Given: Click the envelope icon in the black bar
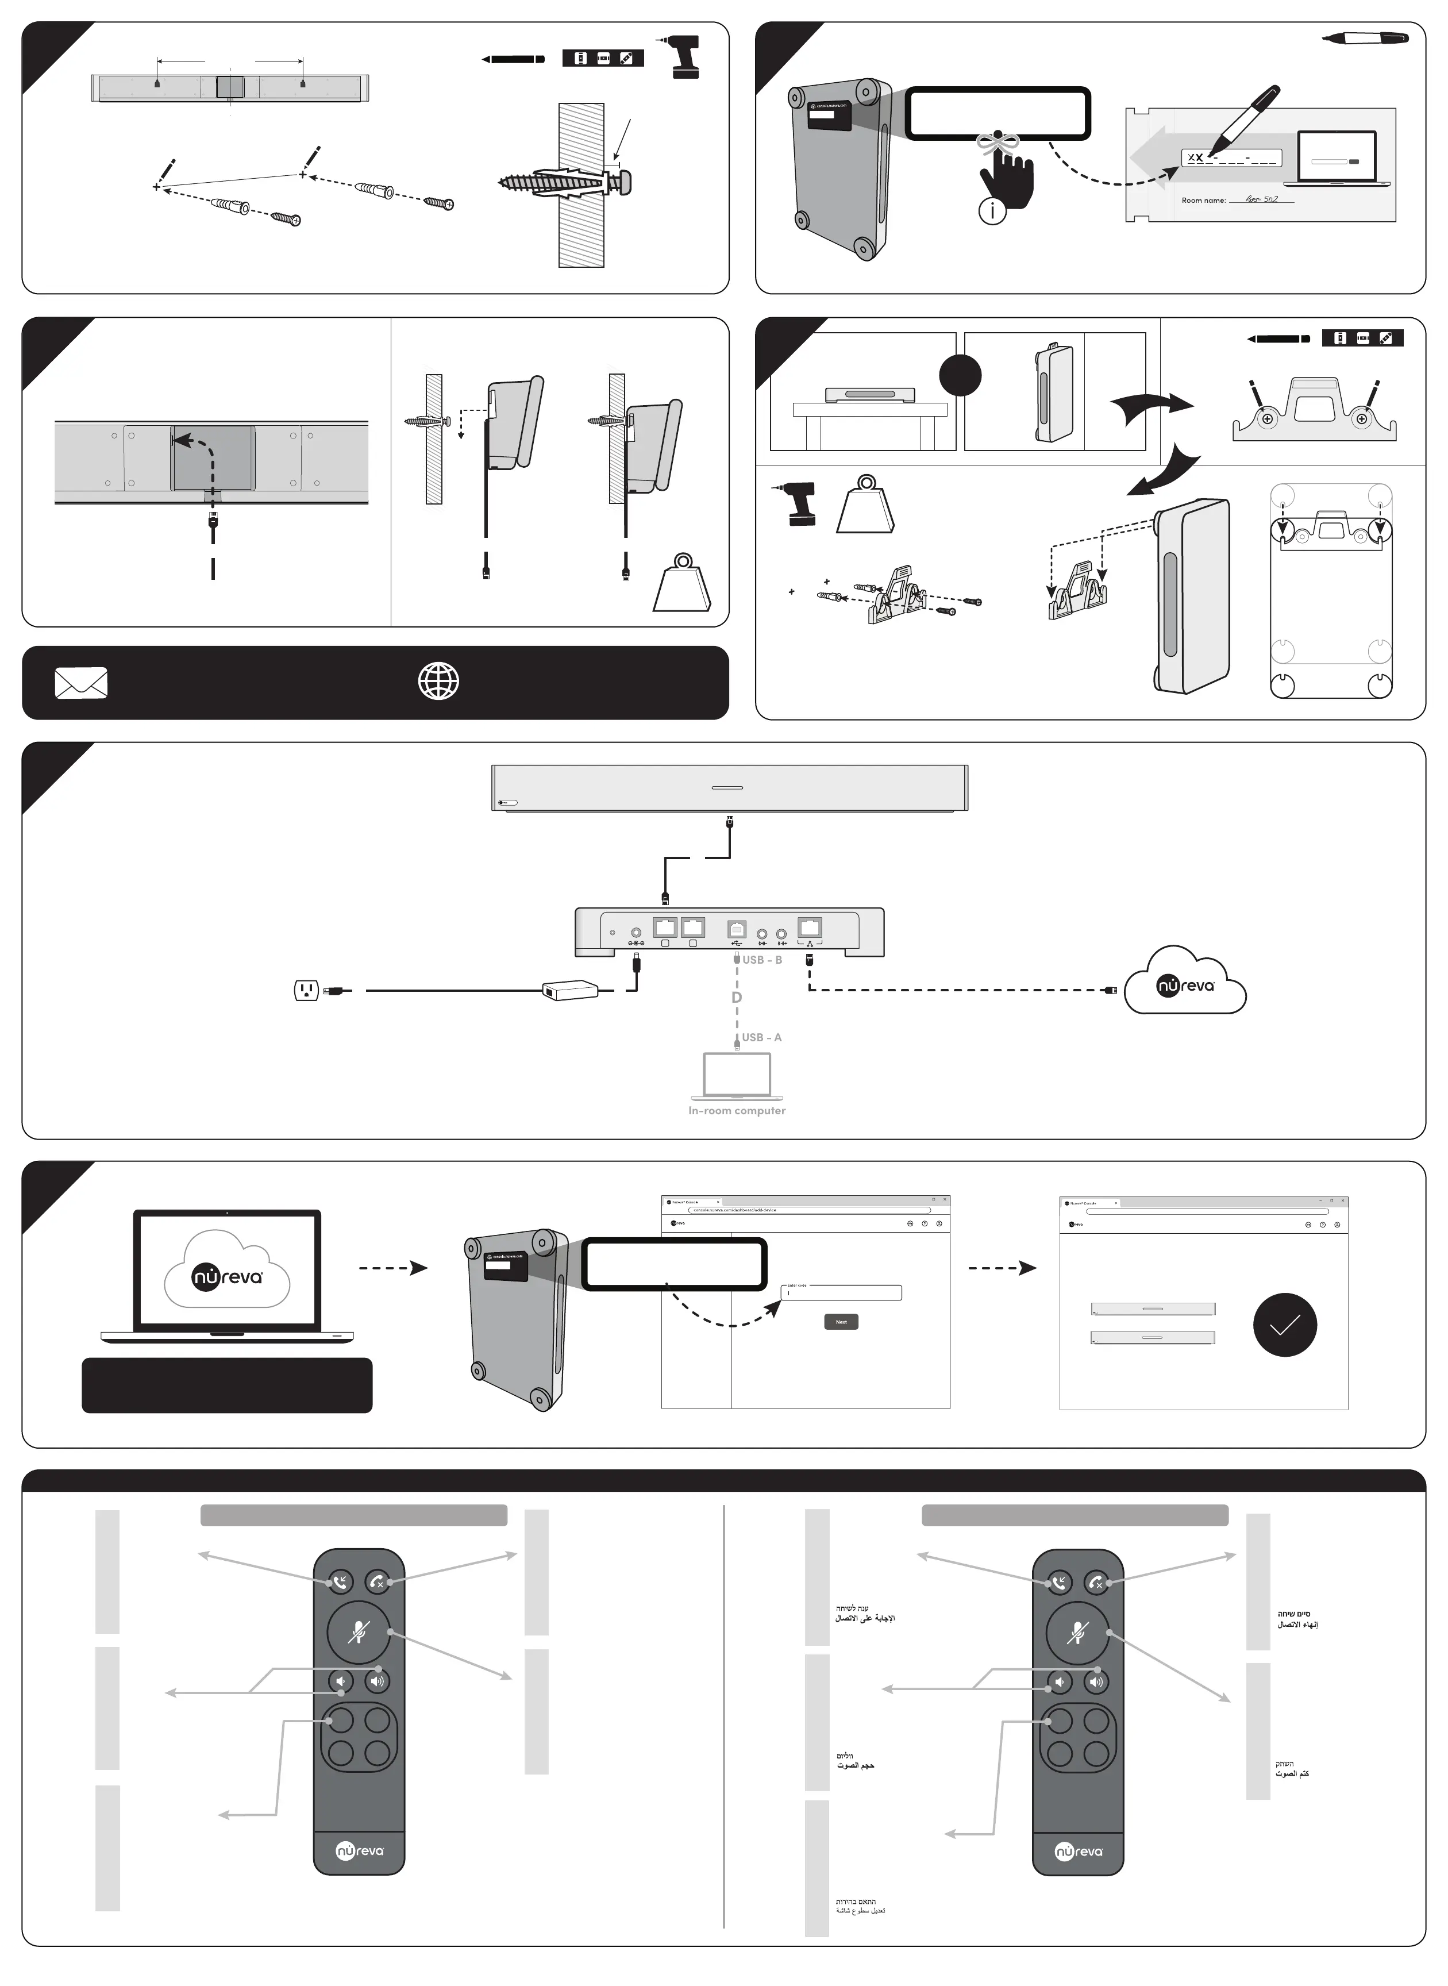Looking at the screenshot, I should pyautogui.click(x=82, y=683).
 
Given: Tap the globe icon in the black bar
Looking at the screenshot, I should pyautogui.click(x=438, y=681).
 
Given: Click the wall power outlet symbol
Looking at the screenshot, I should pyautogui.click(x=306, y=990).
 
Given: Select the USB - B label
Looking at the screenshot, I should pyautogui.click(x=762, y=960).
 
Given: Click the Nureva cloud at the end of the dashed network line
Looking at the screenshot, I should pyautogui.click(x=1185, y=982).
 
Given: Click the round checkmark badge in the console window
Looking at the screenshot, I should pyautogui.click(x=1284, y=1325).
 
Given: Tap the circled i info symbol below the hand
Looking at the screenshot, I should pyautogui.click(x=991, y=211).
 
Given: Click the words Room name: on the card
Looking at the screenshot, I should pyautogui.click(x=1203, y=201).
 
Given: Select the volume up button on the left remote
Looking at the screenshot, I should pyautogui.click(x=377, y=1680).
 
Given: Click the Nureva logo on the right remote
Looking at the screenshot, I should pyautogui.click(x=1077, y=1851).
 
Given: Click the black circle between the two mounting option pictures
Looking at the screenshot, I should pyautogui.click(x=960, y=375).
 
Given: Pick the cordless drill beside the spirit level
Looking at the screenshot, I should pyautogui.click(x=683, y=57).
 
